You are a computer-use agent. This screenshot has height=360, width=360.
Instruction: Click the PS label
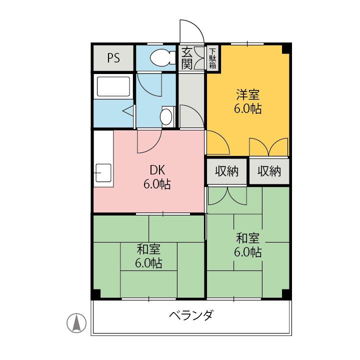[x=113, y=58]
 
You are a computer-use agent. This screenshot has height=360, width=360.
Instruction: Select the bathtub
[x=113, y=86]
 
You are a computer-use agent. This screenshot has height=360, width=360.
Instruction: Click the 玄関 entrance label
[x=186, y=57]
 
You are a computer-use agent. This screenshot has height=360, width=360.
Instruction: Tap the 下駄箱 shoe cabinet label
[x=212, y=57]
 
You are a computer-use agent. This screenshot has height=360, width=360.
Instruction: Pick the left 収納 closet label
[x=227, y=171]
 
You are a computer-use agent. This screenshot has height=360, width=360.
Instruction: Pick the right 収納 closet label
[x=269, y=171]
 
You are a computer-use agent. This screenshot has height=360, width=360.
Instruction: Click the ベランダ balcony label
[x=191, y=315]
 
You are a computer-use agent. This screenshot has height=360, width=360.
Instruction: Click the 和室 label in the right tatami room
[x=247, y=237]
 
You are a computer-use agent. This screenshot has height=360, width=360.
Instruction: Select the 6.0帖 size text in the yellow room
[x=248, y=109]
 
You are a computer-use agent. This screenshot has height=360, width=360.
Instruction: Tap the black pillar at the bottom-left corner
[x=95, y=293]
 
